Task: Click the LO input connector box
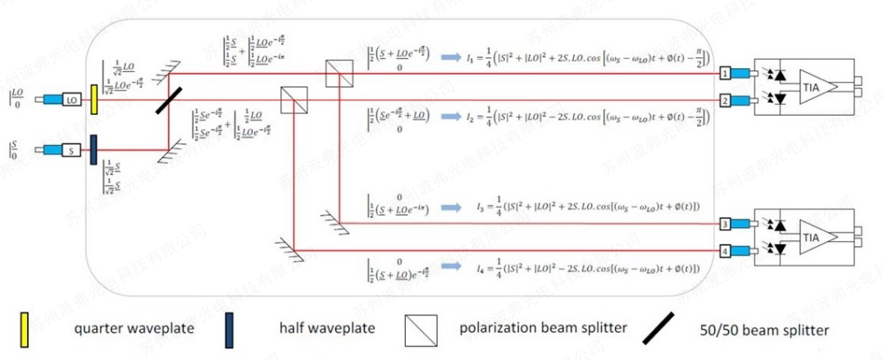(72, 99)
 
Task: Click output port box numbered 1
(725, 73)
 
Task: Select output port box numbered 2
(725, 100)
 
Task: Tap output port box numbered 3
(725, 223)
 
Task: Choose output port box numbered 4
(725, 250)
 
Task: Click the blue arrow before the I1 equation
(451, 58)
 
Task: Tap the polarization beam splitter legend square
(418, 330)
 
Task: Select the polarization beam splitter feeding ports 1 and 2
(337, 73)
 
